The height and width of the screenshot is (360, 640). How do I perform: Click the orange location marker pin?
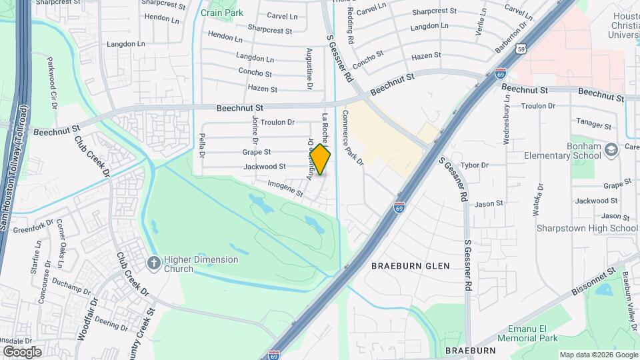pos(321,160)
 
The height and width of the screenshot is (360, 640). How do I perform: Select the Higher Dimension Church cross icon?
pos(153,262)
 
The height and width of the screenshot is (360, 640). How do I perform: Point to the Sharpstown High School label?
pos(587,228)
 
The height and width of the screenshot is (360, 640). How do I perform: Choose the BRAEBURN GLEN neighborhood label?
pos(410,265)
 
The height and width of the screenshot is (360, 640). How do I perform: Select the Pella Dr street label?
pos(202,145)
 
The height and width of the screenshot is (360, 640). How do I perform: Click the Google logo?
pos(22,351)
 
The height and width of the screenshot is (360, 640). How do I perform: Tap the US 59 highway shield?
pos(523,49)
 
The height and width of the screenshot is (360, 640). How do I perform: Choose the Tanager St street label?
pos(593,125)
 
